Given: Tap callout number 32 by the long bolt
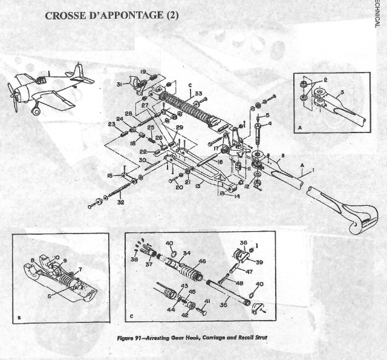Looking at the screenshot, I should click(x=120, y=202).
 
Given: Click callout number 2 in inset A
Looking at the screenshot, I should click(x=325, y=79).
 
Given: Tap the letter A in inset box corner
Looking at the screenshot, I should click(x=301, y=128).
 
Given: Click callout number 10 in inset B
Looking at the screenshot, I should click(x=57, y=257).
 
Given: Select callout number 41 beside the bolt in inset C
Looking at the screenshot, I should click(x=207, y=301).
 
